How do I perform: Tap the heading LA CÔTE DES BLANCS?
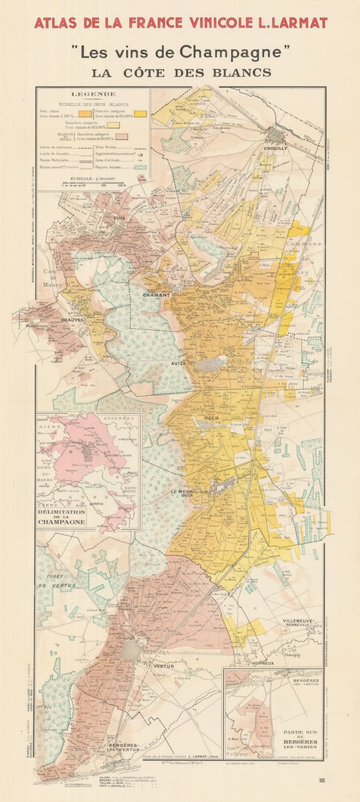(x=181, y=72)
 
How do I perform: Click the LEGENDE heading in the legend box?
(x=93, y=94)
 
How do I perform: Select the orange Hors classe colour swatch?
(x=85, y=114)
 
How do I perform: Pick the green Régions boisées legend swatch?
(x=141, y=168)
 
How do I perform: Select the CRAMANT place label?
(x=157, y=295)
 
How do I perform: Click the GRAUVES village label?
(x=73, y=319)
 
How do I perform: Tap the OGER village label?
(x=211, y=418)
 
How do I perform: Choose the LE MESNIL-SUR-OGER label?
(x=192, y=494)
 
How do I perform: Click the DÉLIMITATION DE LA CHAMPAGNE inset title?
(x=65, y=517)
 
